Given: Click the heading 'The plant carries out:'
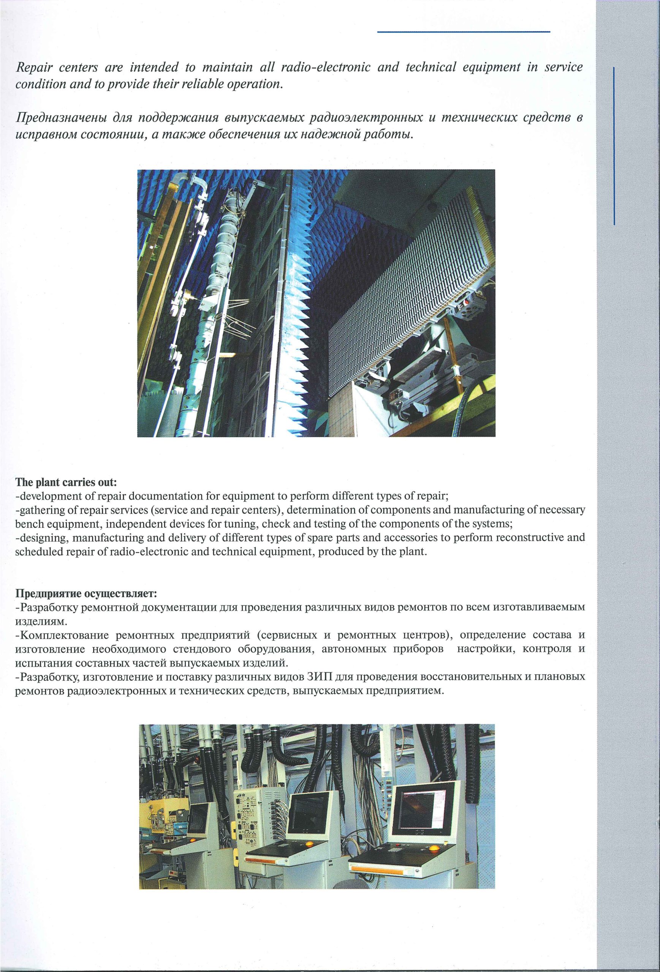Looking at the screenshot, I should (x=66, y=482).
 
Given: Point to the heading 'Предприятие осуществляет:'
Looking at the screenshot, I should (x=86, y=593).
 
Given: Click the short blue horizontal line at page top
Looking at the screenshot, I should (x=463, y=32).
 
